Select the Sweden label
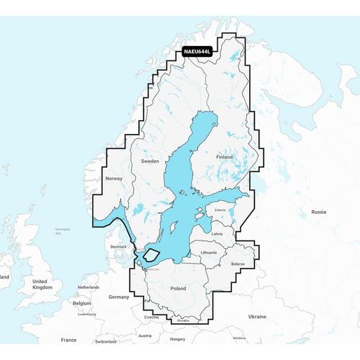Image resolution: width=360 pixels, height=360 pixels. pos(150,161)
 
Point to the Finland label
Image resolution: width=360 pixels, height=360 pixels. pos(225,156)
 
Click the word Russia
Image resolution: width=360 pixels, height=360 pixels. pos(318,212)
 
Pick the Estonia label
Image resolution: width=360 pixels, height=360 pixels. pos(222,210)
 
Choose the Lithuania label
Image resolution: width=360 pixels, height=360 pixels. pos(209,253)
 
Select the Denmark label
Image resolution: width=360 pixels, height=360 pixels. pos(118,246)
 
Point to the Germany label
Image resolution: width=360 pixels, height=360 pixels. pos(118,297)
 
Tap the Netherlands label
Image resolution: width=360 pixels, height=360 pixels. pos(89,287)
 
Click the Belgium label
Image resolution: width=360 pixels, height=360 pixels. pos(82,304)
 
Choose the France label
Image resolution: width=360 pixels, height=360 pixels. pos(68,338)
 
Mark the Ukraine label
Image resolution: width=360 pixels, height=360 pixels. pos(276,316)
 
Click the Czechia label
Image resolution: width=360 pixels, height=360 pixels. pos(152,317)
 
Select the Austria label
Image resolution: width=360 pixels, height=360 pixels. pos(145,335)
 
